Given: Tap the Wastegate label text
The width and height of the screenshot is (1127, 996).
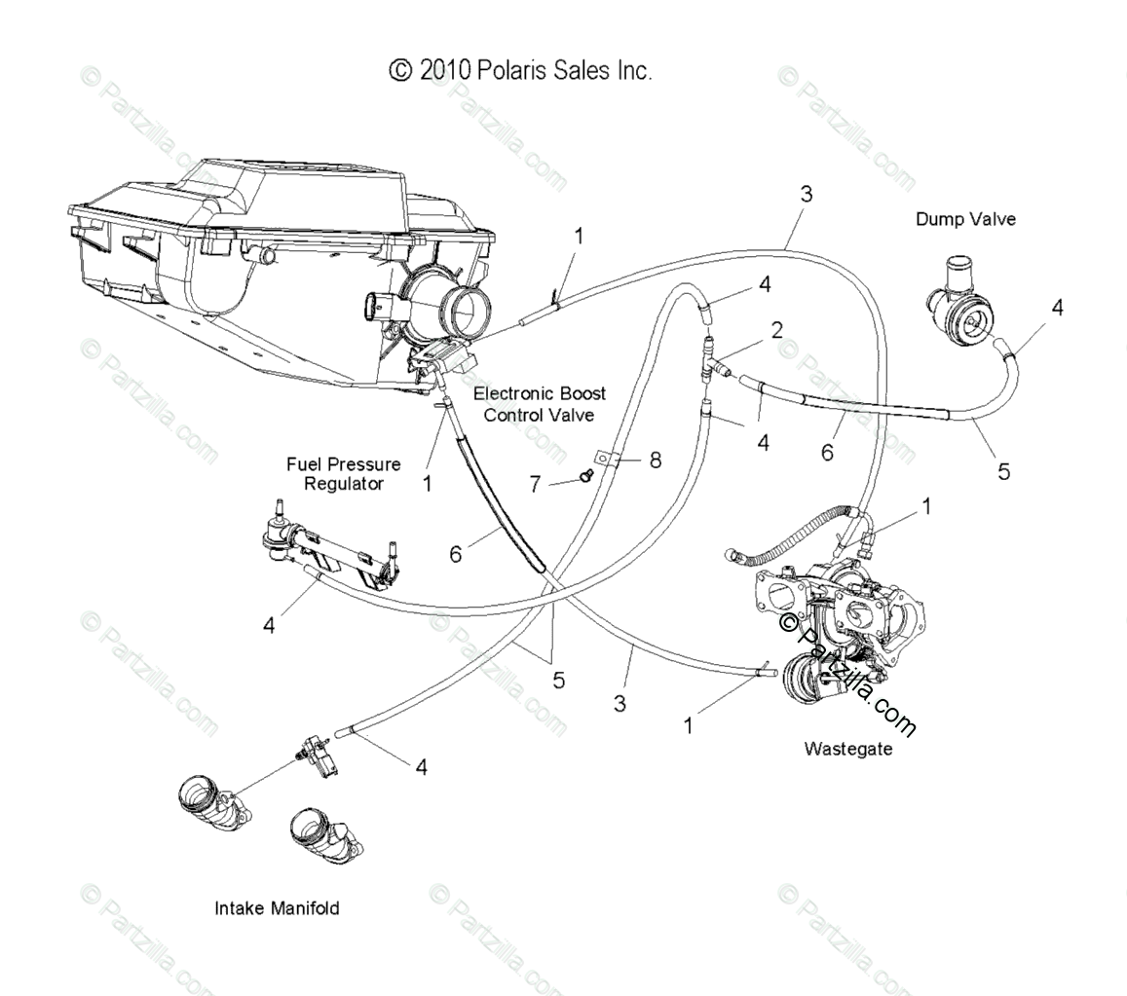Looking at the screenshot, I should (x=847, y=749).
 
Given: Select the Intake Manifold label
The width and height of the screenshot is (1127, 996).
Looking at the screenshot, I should (x=277, y=908).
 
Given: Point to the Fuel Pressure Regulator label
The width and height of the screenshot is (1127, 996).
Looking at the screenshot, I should (x=343, y=474).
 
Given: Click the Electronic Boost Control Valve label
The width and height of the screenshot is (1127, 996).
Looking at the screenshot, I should (x=539, y=404).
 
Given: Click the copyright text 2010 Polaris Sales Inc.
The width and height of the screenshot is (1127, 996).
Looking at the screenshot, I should (x=520, y=70).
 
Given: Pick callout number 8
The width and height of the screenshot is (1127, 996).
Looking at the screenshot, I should (x=655, y=460).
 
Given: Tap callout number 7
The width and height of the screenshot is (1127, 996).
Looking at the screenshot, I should (x=535, y=484).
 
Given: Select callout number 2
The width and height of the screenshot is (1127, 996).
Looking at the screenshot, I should (x=776, y=330).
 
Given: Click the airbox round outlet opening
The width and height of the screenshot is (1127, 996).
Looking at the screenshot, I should (x=467, y=307).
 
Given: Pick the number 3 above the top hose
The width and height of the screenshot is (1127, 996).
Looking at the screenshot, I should (x=806, y=194).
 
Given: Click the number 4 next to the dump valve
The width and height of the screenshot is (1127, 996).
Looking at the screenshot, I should (x=1057, y=308).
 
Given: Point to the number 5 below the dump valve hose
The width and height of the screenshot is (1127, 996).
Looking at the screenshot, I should (x=1003, y=471).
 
